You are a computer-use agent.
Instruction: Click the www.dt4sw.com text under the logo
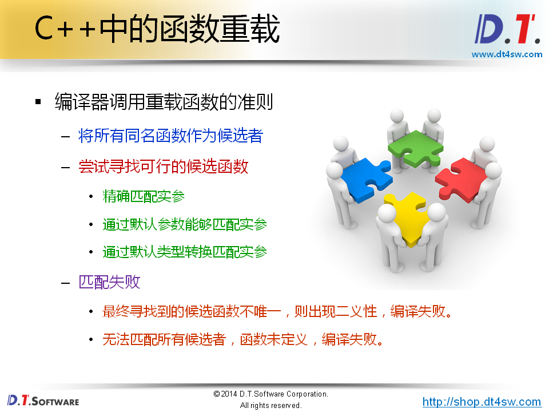tap(507, 54)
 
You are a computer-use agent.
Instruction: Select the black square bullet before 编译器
tap(38, 102)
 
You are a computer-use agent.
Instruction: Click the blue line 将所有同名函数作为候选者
tap(170, 136)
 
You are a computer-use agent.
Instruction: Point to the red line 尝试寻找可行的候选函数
tap(164, 167)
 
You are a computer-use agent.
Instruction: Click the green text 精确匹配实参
tap(144, 197)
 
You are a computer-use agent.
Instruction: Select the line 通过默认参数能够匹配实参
tap(185, 224)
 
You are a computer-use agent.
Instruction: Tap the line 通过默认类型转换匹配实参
tap(185, 251)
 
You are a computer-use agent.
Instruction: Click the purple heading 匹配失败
tap(109, 282)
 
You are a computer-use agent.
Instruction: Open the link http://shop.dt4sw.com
tap(482, 402)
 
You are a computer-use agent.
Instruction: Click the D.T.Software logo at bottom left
tap(43, 400)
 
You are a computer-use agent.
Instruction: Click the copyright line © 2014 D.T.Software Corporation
tap(270, 394)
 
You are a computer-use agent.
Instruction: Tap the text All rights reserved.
tap(270, 406)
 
